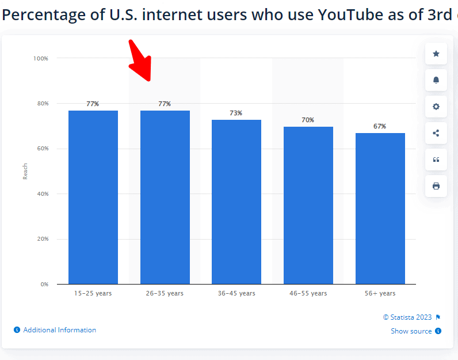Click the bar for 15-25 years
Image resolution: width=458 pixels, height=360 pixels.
(x=93, y=197)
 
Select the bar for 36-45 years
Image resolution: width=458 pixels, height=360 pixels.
(x=236, y=202)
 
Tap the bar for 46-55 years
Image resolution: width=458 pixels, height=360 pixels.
(x=308, y=205)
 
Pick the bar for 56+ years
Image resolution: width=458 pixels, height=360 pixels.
(x=380, y=209)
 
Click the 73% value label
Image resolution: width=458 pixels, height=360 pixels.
(x=236, y=113)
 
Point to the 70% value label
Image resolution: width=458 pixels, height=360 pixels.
(x=308, y=120)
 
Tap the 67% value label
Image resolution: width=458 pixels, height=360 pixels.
(x=380, y=126)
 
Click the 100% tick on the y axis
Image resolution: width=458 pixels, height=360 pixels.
(x=40, y=58)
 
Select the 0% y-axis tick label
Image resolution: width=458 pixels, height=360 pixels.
(x=44, y=284)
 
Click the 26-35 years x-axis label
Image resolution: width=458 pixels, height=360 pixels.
(x=165, y=293)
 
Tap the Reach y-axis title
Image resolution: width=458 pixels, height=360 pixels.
(x=25, y=171)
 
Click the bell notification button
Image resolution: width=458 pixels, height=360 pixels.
(x=436, y=80)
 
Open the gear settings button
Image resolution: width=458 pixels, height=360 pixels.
(x=436, y=107)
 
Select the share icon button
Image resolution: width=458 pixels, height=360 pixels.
(x=436, y=133)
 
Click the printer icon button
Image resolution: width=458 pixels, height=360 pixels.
(x=436, y=186)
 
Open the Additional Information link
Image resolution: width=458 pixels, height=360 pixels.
(x=59, y=330)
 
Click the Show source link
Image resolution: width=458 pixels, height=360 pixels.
(x=411, y=331)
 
